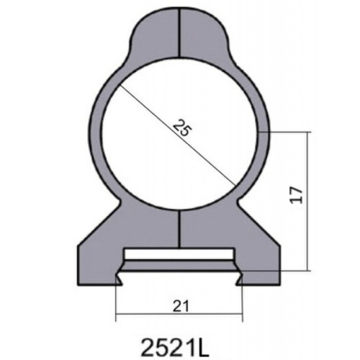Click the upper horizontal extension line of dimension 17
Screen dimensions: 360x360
288,131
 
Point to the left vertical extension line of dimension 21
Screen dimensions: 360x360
116,302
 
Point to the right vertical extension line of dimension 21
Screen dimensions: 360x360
241,302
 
